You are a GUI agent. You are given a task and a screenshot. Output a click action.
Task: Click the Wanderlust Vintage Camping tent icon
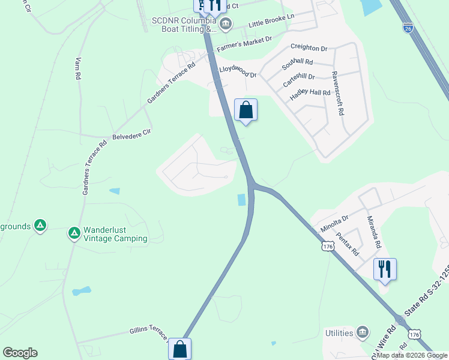pyautogui.click(x=74, y=233)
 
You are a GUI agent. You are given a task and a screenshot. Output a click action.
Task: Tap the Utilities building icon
pyautogui.click(x=362, y=332)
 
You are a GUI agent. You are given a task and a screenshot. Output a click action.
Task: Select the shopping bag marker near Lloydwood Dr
pyautogui.click(x=246, y=110)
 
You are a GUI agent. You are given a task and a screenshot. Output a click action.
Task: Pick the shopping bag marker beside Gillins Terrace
pyautogui.click(x=179, y=348)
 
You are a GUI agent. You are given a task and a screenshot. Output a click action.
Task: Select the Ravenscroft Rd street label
pyautogui.click(x=340, y=94)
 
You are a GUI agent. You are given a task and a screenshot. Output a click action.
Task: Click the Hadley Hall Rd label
pyautogui.click(x=310, y=93)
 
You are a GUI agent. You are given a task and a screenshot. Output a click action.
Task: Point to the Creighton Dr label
pyautogui.click(x=309, y=47)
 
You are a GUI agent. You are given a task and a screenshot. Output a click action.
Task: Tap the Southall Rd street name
pyautogui.click(x=298, y=62)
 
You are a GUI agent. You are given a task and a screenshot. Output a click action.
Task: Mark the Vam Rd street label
pyautogui.click(x=77, y=68)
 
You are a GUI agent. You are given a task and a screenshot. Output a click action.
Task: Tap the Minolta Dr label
pyautogui.click(x=334, y=223)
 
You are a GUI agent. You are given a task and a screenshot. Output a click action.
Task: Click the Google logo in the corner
pyautogui.click(x=20, y=353)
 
